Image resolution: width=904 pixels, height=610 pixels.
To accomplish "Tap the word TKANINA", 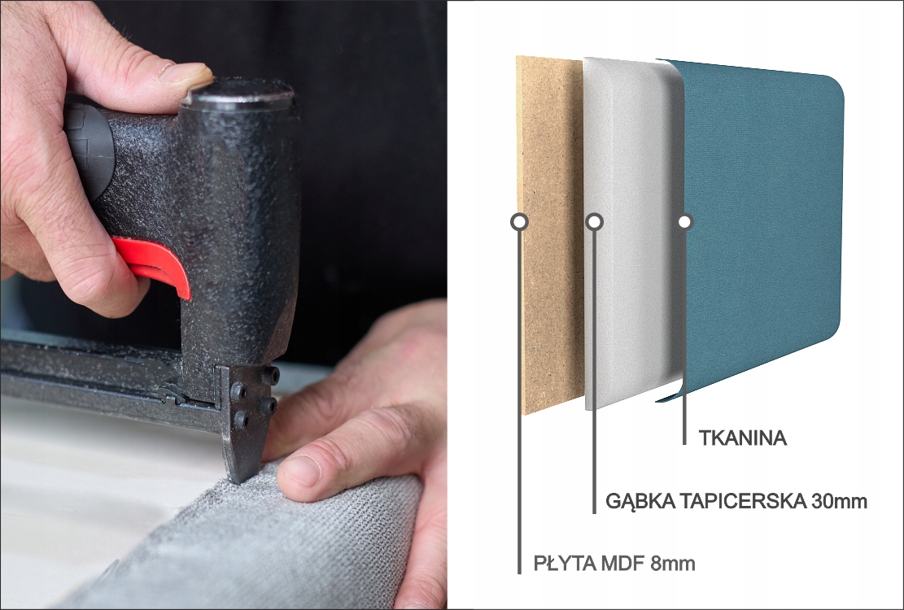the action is pyautogui.click(x=743, y=438).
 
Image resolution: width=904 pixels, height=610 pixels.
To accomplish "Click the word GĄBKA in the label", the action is pyautogui.click(x=640, y=501).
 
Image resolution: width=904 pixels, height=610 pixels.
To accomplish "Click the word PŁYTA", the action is pyautogui.click(x=564, y=563).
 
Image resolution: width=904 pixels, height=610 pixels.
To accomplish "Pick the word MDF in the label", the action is pyautogui.click(x=622, y=563).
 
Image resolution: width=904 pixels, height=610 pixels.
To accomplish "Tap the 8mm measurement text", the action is pyautogui.click(x=672, y=563).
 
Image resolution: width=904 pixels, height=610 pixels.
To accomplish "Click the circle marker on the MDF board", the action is pyautogui.click(x=519, y=221).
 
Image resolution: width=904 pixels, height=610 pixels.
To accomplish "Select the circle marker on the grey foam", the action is pyautogui.click(x=595, y=221).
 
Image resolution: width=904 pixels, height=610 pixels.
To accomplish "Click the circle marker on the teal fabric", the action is pyautogui.click(x=684, y=221).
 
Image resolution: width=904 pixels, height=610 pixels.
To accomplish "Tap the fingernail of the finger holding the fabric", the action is pyautogui.click(x=299, y=471).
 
